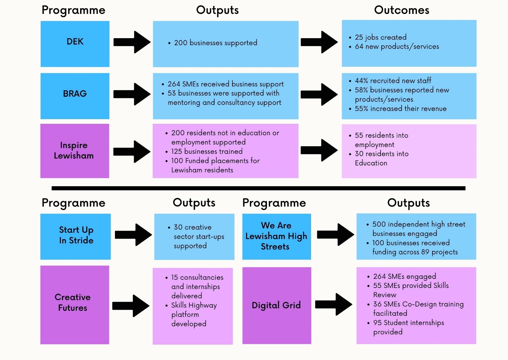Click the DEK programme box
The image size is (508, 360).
(75, 44)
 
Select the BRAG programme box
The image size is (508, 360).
(75, 96)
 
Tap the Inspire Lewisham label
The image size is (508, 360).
(74, 150)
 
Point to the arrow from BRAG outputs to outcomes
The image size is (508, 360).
(319, 94)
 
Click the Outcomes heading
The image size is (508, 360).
(402, 10)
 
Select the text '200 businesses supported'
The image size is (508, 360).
(215, 43)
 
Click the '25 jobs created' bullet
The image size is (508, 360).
(380, 37)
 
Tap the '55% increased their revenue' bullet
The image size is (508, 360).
(400, 108)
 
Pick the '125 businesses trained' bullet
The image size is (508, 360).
(206, 151)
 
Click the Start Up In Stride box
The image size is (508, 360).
(75, 236)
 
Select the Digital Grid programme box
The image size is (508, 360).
(277, 305)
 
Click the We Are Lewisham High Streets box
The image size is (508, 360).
(277, 236)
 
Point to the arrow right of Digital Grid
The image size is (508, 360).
(333, 304)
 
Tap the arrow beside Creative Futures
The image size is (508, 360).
(130, 306)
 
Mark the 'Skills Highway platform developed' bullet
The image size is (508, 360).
(193, 314)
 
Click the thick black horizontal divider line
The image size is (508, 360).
(258, 188)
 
